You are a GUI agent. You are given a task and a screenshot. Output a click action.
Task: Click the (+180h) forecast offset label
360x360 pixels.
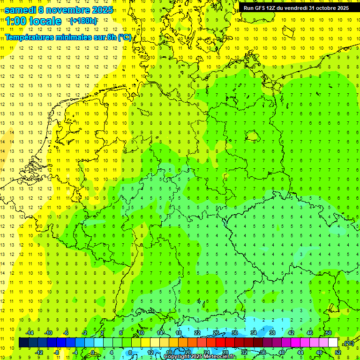83,21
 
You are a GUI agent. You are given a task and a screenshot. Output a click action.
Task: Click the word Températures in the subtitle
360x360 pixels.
29,37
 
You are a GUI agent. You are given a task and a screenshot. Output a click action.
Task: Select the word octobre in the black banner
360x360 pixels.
326,7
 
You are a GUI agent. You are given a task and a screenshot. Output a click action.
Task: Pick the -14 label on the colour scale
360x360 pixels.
30,333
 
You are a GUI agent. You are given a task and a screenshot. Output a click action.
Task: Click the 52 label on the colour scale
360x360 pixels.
337,352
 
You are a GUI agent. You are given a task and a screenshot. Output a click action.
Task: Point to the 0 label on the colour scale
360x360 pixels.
93,352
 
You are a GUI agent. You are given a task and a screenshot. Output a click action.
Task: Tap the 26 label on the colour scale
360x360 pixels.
216,333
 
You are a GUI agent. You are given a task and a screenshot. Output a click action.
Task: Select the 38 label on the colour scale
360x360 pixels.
272,333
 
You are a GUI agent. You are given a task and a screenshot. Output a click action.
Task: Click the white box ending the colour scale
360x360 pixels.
333,343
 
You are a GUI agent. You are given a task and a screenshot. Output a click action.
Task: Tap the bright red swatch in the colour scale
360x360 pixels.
220,343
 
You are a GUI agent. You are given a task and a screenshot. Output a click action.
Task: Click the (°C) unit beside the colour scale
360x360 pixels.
348,343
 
